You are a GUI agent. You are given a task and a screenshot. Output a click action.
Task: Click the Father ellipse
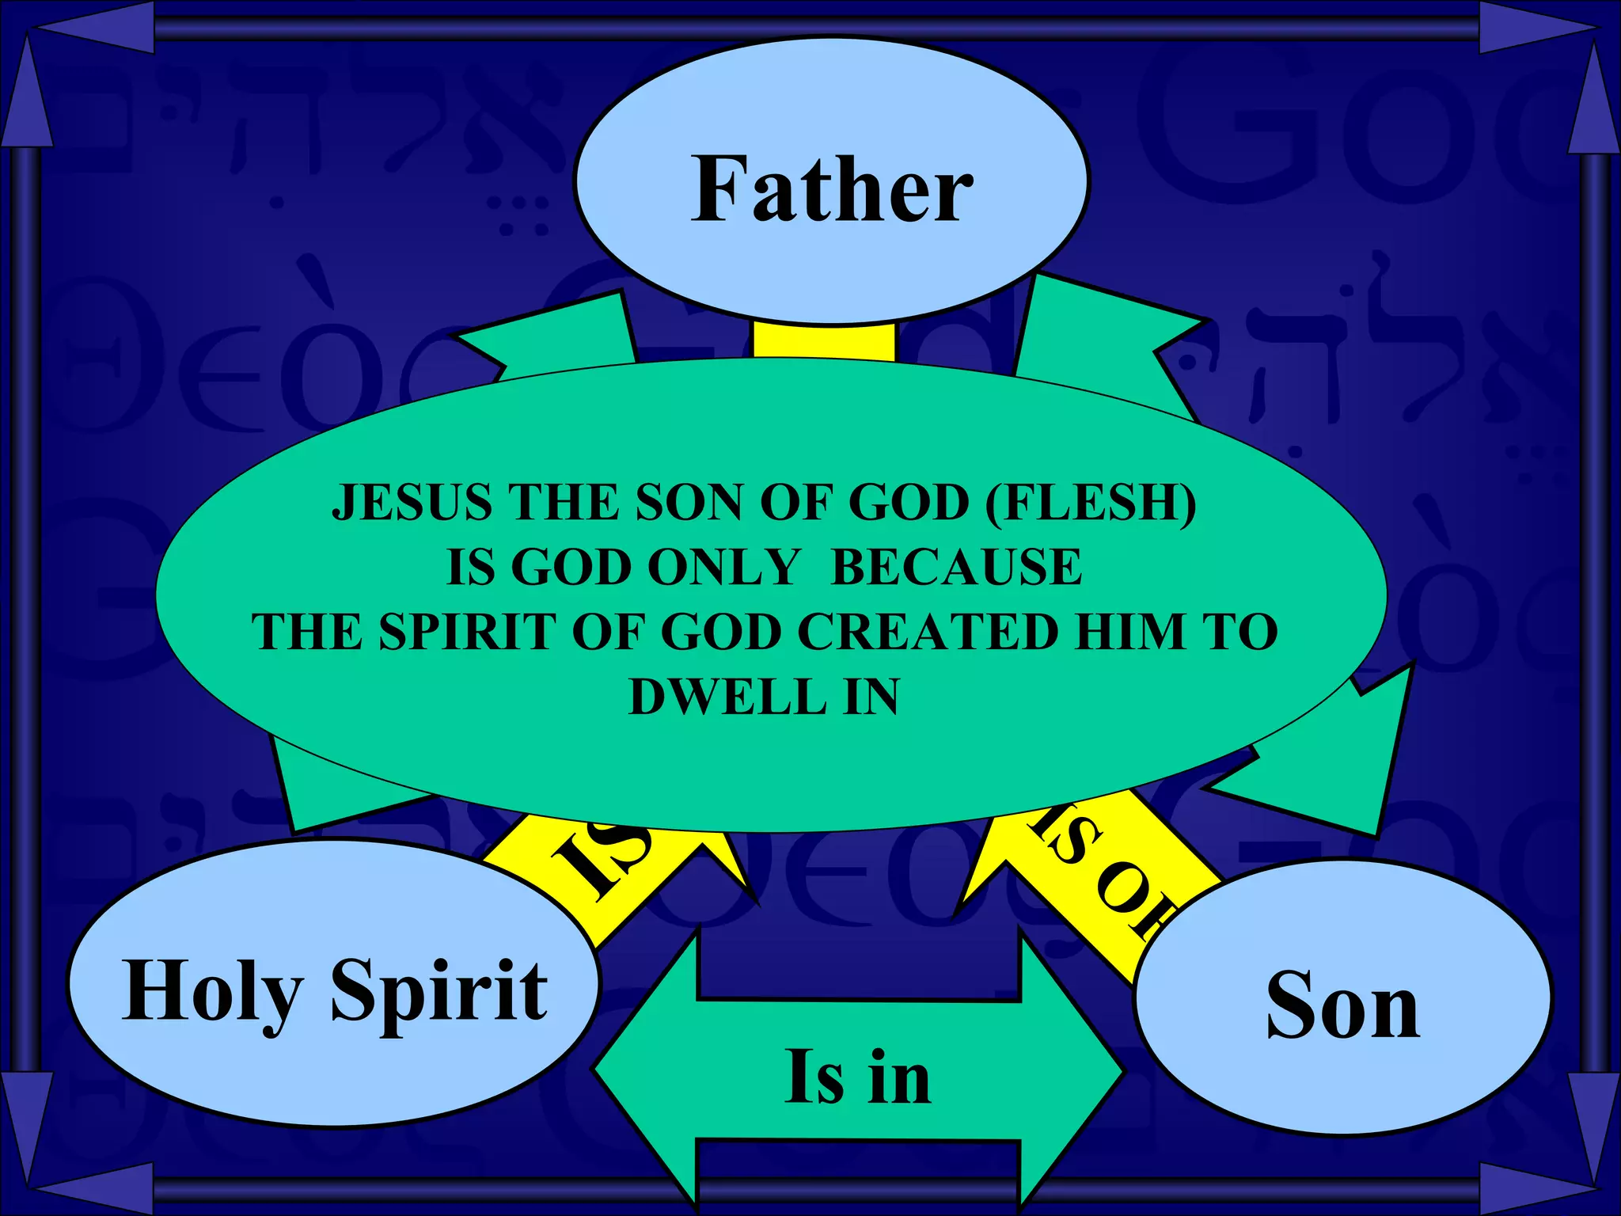pyautogui.click(x=831, y=182)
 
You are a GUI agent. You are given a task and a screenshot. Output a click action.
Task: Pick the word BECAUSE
pyautogui.click(x=956, y=567)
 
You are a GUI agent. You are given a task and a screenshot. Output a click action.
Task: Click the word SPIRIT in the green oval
pyautogui.click(x=467, y=632)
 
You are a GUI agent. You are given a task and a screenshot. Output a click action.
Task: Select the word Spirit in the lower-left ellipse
pyautogui.click(x=439, y=990)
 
